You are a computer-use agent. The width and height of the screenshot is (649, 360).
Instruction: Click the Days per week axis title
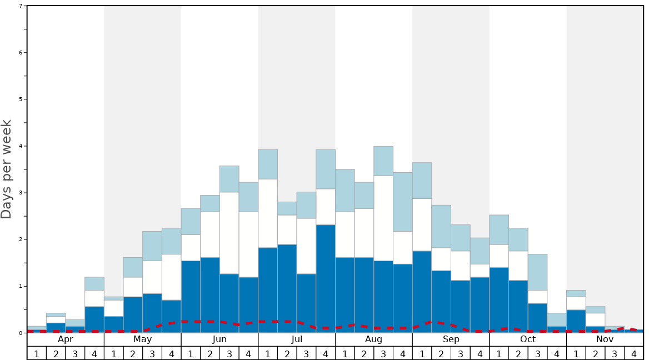7,169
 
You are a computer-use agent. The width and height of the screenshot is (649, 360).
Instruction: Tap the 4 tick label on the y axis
21,146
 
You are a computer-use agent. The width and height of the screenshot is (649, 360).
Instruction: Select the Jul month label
297,339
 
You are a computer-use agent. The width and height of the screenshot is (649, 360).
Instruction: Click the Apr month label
66,339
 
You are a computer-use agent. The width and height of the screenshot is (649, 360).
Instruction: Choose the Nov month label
605,339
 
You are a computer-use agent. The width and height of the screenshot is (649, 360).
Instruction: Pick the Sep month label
451,339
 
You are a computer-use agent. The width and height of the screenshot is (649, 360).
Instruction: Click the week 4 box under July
326,353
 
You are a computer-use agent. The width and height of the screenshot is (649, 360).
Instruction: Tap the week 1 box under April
37,353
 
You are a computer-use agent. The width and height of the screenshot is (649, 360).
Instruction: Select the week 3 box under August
383,353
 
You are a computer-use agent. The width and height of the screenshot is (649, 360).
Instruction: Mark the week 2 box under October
518,353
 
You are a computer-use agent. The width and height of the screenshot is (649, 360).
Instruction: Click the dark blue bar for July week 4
326,278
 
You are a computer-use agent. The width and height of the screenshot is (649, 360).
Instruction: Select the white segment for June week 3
229,233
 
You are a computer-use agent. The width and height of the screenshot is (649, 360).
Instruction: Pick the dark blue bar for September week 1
422,292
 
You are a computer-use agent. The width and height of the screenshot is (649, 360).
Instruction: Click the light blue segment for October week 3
538,272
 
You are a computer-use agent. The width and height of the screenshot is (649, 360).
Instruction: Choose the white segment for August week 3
383,218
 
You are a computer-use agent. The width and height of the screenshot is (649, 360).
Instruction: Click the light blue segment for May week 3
152,246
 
